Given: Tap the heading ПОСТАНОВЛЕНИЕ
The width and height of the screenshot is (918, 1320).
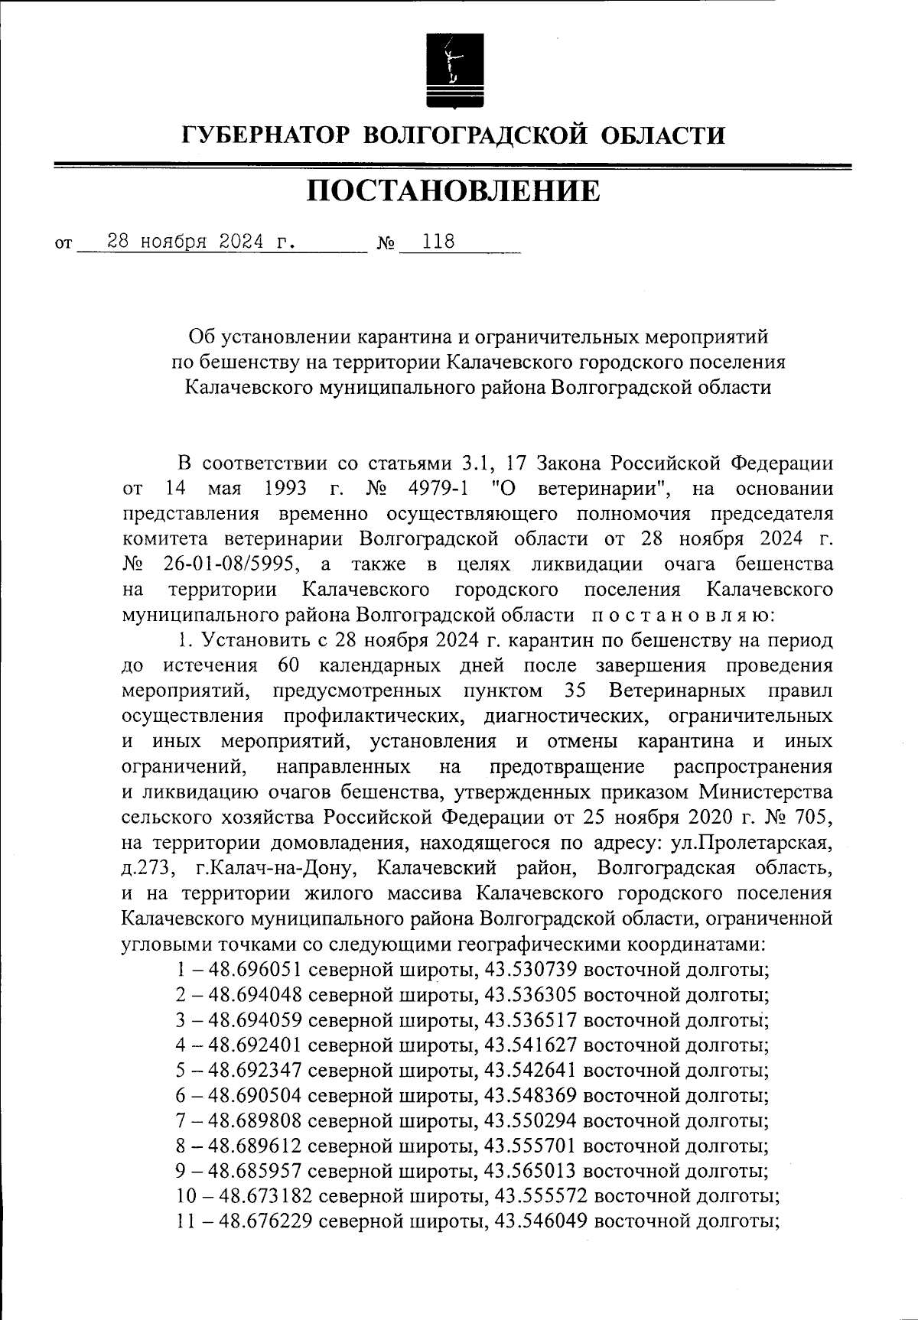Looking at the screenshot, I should pos(454,192).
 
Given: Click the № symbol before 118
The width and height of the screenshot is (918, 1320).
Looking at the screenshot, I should pos(386,245).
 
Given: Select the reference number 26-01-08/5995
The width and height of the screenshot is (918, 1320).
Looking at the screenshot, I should pos(233,564).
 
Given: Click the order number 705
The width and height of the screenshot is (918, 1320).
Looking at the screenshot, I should pos(811,818).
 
